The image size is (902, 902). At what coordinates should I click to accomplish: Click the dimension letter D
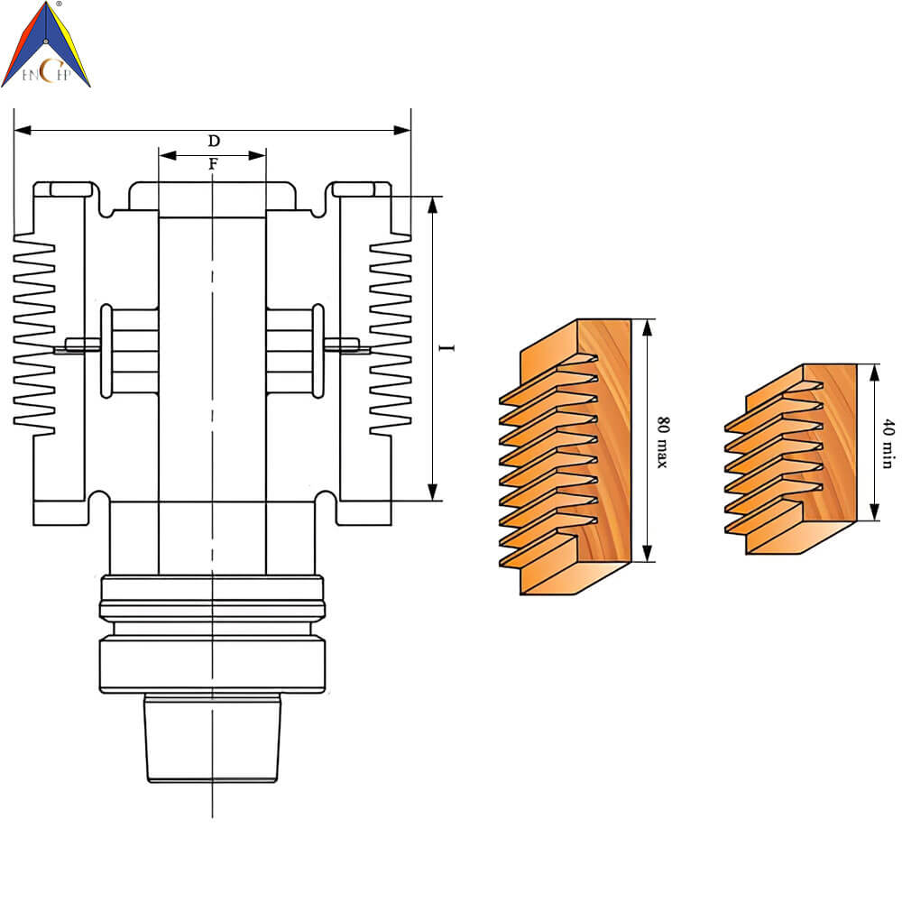click(214, 141)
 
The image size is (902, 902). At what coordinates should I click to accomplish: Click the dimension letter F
click(214, 164)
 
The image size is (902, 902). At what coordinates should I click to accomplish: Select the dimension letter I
click(446, 348)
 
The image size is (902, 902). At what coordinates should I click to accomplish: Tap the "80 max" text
click(663, 442)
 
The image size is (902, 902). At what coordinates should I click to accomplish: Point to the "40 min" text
click(888, 444)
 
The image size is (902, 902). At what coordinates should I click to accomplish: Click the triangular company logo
click(46, 44)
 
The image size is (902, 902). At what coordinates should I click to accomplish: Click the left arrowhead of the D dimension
click(23, 131)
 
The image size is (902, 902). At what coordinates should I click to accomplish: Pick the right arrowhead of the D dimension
click(402, 131)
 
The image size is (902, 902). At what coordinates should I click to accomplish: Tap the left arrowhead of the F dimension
click(168, 155)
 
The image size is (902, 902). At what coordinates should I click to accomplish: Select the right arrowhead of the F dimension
click(256, 155)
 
